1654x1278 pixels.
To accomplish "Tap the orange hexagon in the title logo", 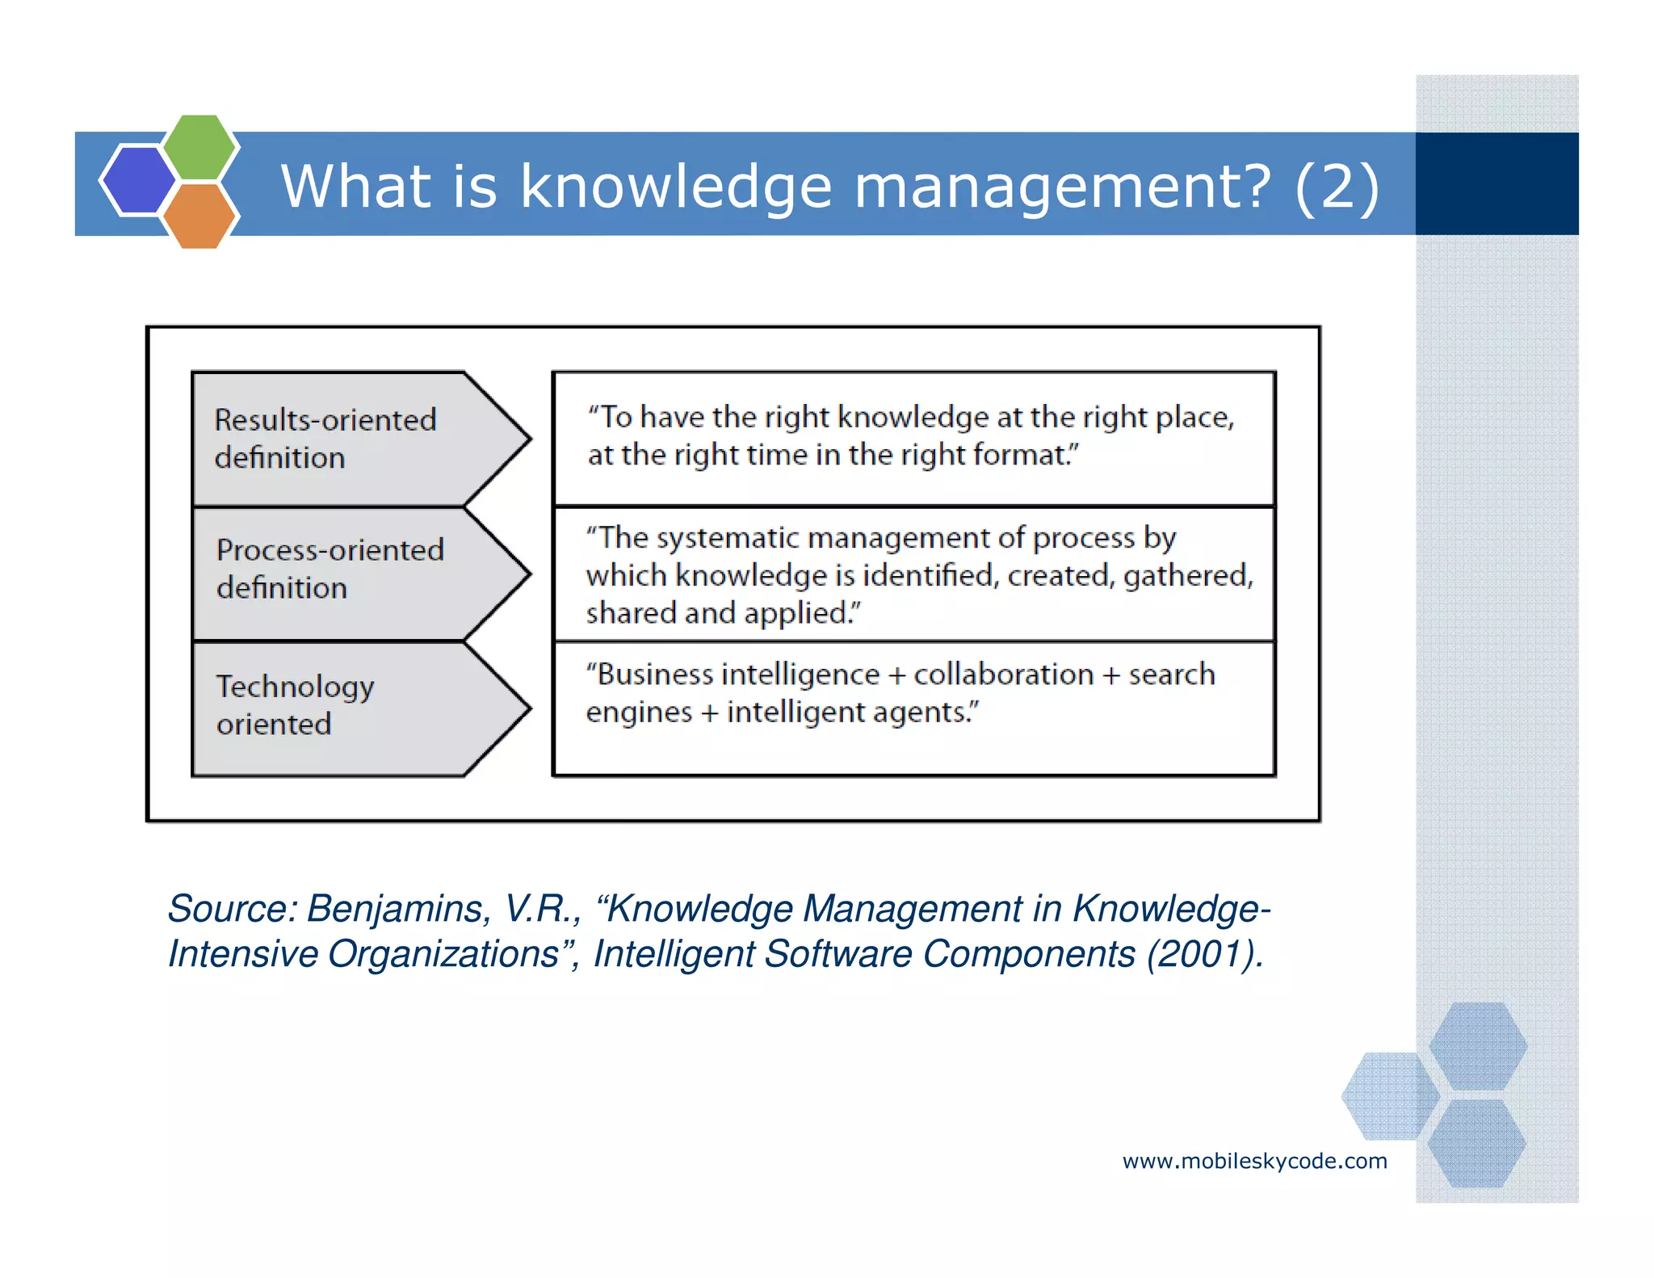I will [x=199, y=215].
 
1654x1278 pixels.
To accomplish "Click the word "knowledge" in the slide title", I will [x=675, y=187].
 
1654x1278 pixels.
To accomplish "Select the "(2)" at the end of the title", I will [x=1337, y=187].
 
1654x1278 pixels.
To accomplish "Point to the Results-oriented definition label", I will [x=325, y=439].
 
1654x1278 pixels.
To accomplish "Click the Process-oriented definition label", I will [x=330, y=569].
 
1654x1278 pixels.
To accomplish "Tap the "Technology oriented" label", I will [x=296, y=704].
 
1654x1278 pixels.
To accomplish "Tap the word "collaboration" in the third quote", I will [x=1003, y=675].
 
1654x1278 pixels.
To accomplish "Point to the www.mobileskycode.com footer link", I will [x=1254, y=1162].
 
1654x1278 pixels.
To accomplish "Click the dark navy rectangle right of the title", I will [x=1497, y=184].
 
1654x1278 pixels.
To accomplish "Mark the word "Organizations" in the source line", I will [x=444, y=954].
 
